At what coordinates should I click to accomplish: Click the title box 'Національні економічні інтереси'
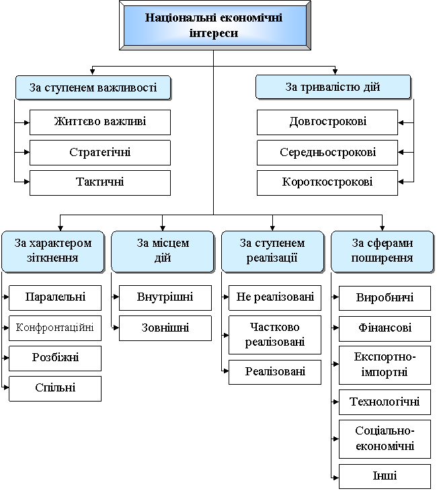214,25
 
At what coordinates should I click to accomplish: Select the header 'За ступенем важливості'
93,87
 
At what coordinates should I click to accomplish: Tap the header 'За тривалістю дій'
333,87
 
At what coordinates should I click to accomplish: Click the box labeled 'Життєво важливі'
100,122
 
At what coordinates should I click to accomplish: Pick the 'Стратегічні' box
100,153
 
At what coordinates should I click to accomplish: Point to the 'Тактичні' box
100,182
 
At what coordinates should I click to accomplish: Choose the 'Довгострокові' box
327,122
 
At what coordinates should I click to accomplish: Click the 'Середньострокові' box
327,153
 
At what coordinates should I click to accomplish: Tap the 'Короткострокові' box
327,182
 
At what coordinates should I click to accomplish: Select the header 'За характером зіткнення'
53,251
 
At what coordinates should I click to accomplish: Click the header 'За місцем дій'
163,251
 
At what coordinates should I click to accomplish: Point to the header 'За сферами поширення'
382,251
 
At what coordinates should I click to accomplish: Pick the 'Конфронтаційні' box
55,328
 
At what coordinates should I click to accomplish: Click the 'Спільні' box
55,388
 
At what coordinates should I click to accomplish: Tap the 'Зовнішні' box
165,328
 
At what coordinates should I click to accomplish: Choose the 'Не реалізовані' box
275,297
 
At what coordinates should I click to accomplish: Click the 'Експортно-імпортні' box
385,365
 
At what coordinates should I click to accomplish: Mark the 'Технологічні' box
385,402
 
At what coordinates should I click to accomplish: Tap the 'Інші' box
385,476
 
